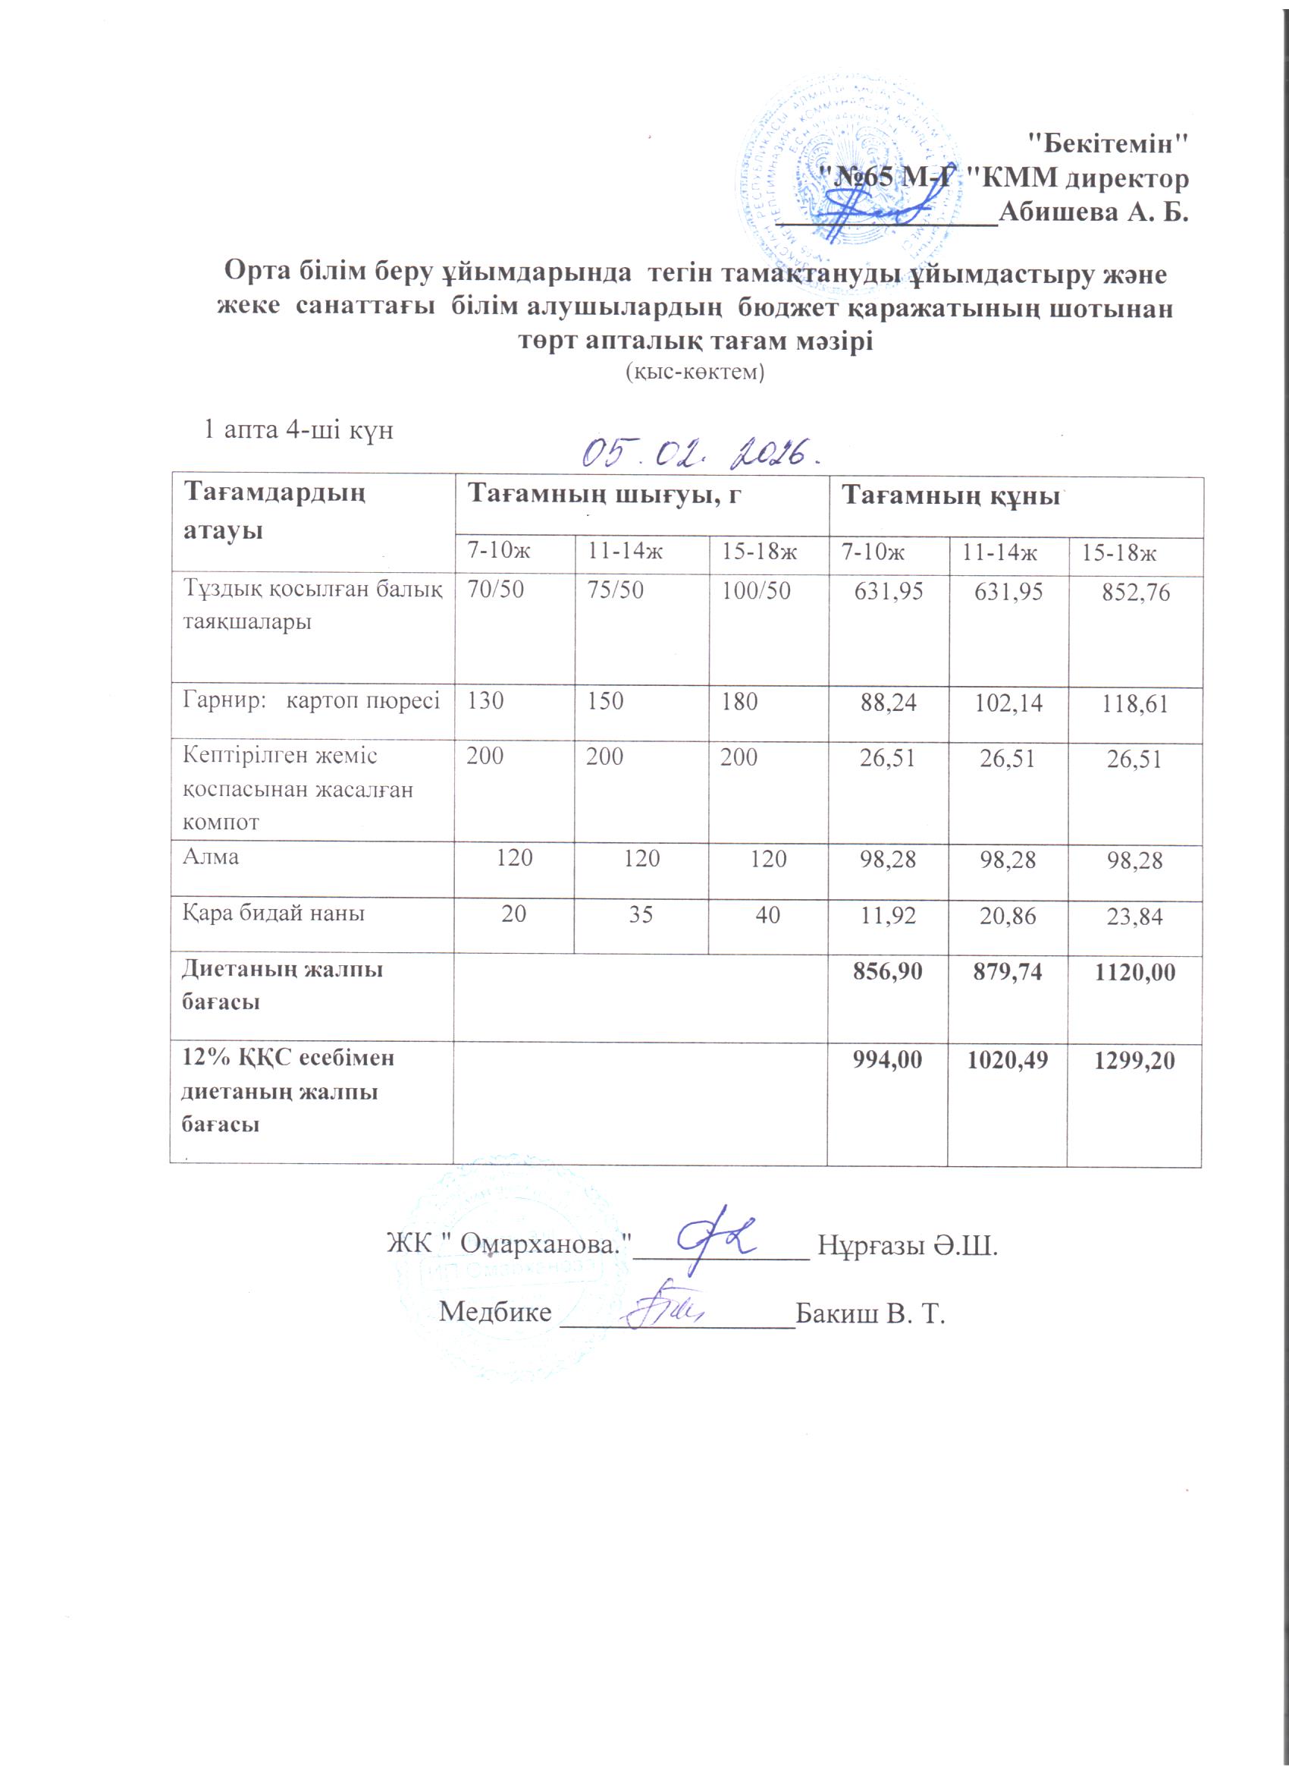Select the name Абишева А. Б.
click(x=1093, y=211)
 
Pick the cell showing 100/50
click(x=756, y=590)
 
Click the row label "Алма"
click(x=210, y=857)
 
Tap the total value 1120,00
click(x=1135, y=972)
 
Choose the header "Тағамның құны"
click(x=950, y=496)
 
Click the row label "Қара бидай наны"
click(x=274, y=912)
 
